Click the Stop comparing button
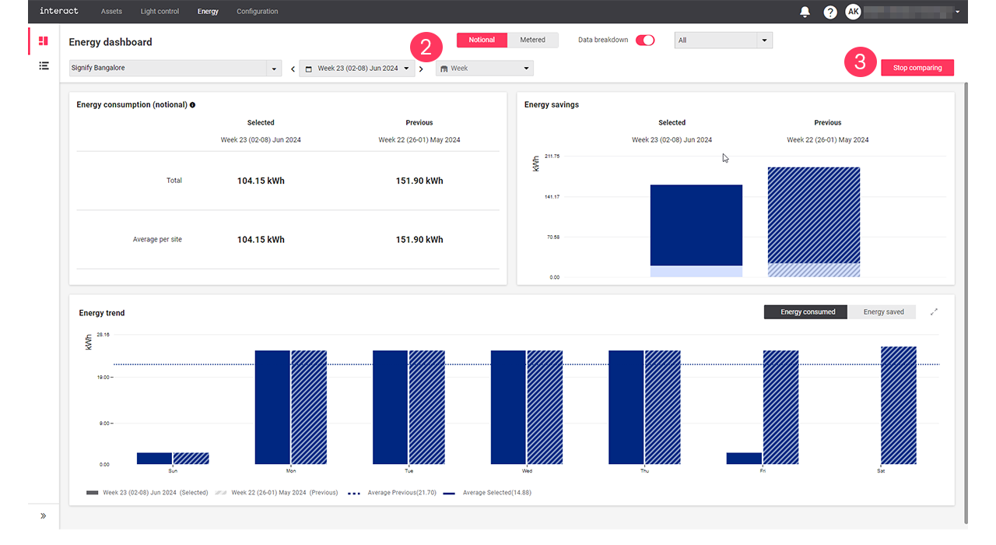[917, 68]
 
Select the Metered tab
[532, 40]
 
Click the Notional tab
[482, 40]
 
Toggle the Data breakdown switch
[645, 40]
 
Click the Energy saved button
[883, 312]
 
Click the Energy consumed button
[807, 312]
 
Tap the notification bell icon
[805, 12]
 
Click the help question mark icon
[830, 12]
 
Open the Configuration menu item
[257, 12]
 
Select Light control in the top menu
[160, 12]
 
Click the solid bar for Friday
[744, 459]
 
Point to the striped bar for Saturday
[899, 405]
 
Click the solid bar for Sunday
[154, 459]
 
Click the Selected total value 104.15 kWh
[261, 181]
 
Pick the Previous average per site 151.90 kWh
[419, 240]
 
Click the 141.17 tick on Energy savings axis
[552, 197]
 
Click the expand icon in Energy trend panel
[934, 312]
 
